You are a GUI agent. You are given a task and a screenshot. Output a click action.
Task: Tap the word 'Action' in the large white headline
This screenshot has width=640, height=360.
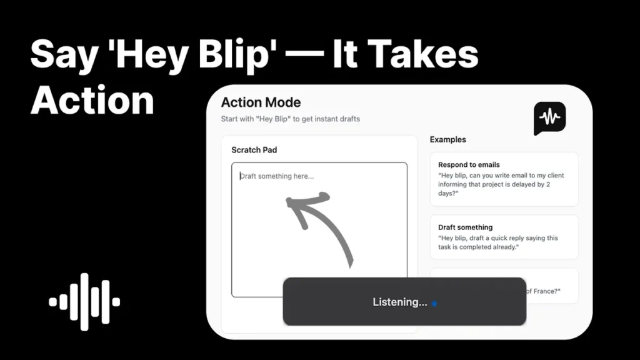(x=92, y=100)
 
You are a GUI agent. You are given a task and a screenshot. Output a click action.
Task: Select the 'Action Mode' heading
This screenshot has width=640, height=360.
(x=261, y=102)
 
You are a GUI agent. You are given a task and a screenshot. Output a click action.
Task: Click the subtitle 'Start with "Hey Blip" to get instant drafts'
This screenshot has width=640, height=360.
(x=290, y=119)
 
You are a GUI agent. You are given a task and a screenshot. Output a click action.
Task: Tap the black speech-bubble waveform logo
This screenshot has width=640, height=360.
(x=549, y=118)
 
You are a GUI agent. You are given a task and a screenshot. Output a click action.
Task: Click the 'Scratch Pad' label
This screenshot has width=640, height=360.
(x=254, y=150)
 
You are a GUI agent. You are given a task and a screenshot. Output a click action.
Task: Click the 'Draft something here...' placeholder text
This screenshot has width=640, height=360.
(x=278, y=176)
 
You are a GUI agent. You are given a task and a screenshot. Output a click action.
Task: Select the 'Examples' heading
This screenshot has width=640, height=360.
(x=447, y=139)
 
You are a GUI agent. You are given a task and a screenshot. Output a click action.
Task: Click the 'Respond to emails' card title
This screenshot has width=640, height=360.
(x=469, y=165)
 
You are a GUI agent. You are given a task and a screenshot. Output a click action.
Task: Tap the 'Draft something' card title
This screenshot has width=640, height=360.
(x=465, y=227)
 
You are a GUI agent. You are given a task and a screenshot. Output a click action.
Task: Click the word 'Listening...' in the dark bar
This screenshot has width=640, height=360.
(x=399, y=302)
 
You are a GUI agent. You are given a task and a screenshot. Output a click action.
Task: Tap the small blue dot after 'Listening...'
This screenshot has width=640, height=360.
(x=434, y=304)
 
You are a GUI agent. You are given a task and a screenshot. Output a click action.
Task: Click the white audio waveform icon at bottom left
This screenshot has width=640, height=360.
(x=84, y=302)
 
